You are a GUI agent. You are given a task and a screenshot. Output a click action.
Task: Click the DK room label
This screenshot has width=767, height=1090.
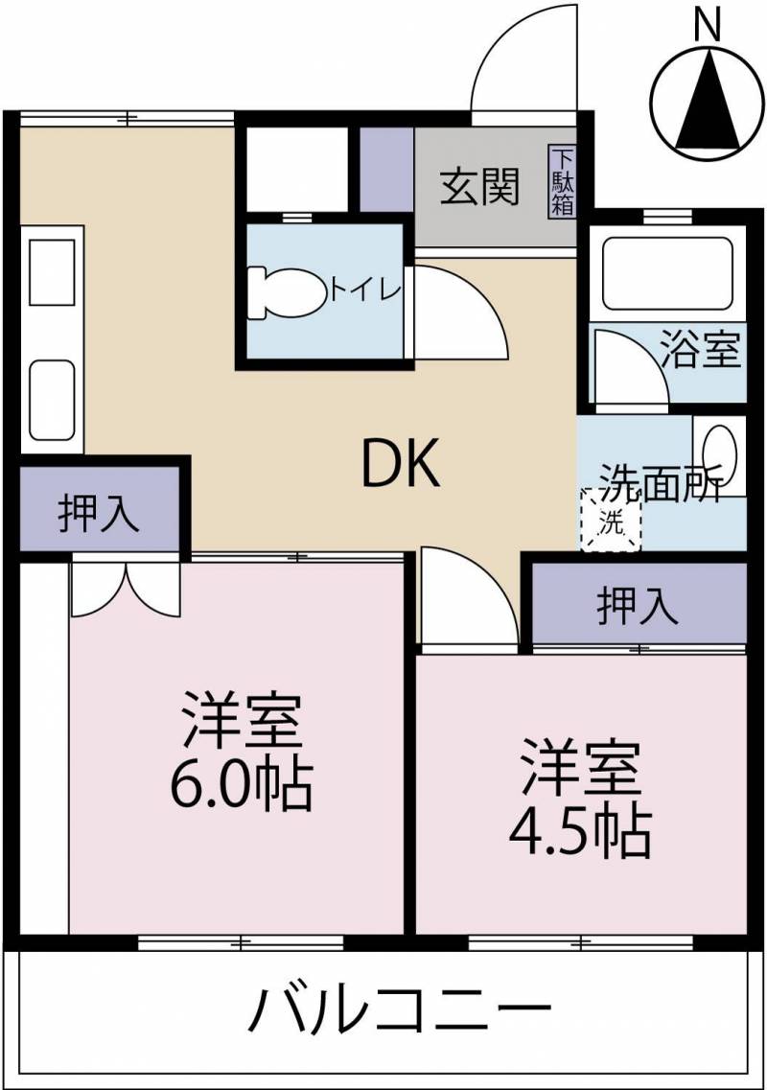coord(401,463)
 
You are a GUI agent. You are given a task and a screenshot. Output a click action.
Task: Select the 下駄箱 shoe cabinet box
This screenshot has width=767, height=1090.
coord(563,181)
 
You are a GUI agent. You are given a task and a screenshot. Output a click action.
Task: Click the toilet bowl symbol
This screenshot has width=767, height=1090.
coord(288,294)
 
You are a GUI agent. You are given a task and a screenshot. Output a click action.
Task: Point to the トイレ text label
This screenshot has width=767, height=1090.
coord(366,290)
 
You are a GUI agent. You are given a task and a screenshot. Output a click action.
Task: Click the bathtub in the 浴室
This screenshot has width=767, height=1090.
coord(667,273)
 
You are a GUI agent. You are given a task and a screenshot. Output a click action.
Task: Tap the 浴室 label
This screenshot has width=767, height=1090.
coord(700,348)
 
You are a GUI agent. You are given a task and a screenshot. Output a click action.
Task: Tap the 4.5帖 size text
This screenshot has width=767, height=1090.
coord(581,831)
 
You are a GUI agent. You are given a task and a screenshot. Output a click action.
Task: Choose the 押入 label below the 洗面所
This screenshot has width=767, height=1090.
coord(638,605)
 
